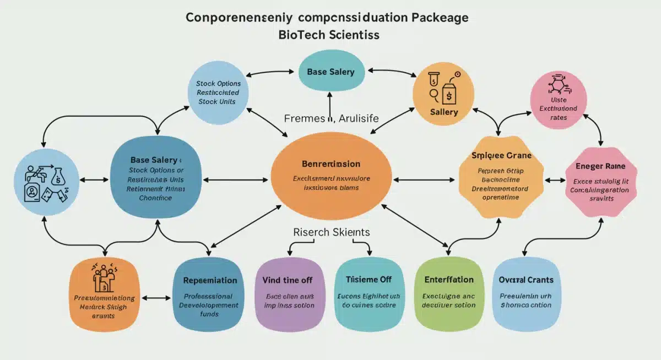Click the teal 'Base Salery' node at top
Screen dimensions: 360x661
click(x=330, y=72)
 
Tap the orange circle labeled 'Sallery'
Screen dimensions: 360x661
click(x=443, y=93)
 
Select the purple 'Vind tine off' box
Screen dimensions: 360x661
click(x=289, y=293)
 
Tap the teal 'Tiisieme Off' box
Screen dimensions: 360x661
click(x=368, y=293)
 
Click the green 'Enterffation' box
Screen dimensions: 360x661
click(x=448, y=293)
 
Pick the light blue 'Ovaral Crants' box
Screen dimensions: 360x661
click(x=525, y=293)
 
